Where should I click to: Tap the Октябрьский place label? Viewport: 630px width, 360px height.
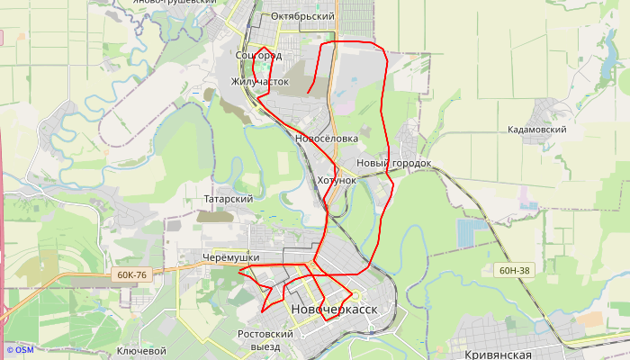pos(302,17)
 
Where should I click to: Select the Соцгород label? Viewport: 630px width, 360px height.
pos(257,56)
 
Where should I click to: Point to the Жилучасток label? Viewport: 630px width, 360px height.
pos(260,81)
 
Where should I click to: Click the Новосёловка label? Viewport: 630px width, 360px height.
pos(327,139)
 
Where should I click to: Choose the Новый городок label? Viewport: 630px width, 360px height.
pos(394,163)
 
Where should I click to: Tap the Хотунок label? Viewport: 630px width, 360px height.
pos(337,180)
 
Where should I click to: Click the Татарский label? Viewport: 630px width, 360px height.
pos(228,199)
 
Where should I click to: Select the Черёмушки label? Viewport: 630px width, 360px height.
pos(231,258)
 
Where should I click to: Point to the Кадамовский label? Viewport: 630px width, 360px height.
pos(536,130)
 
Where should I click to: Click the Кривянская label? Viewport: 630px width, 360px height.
pos(505,355)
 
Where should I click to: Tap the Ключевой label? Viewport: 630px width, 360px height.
pos(142,351)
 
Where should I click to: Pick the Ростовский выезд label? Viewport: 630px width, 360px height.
pos(265,339)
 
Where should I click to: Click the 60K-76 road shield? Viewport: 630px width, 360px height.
pos(131,274)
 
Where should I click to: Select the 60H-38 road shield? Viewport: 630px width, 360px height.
pos(515,269)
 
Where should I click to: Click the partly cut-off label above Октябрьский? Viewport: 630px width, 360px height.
pos(175,2)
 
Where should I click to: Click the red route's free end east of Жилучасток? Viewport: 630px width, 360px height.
pos(308,93)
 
